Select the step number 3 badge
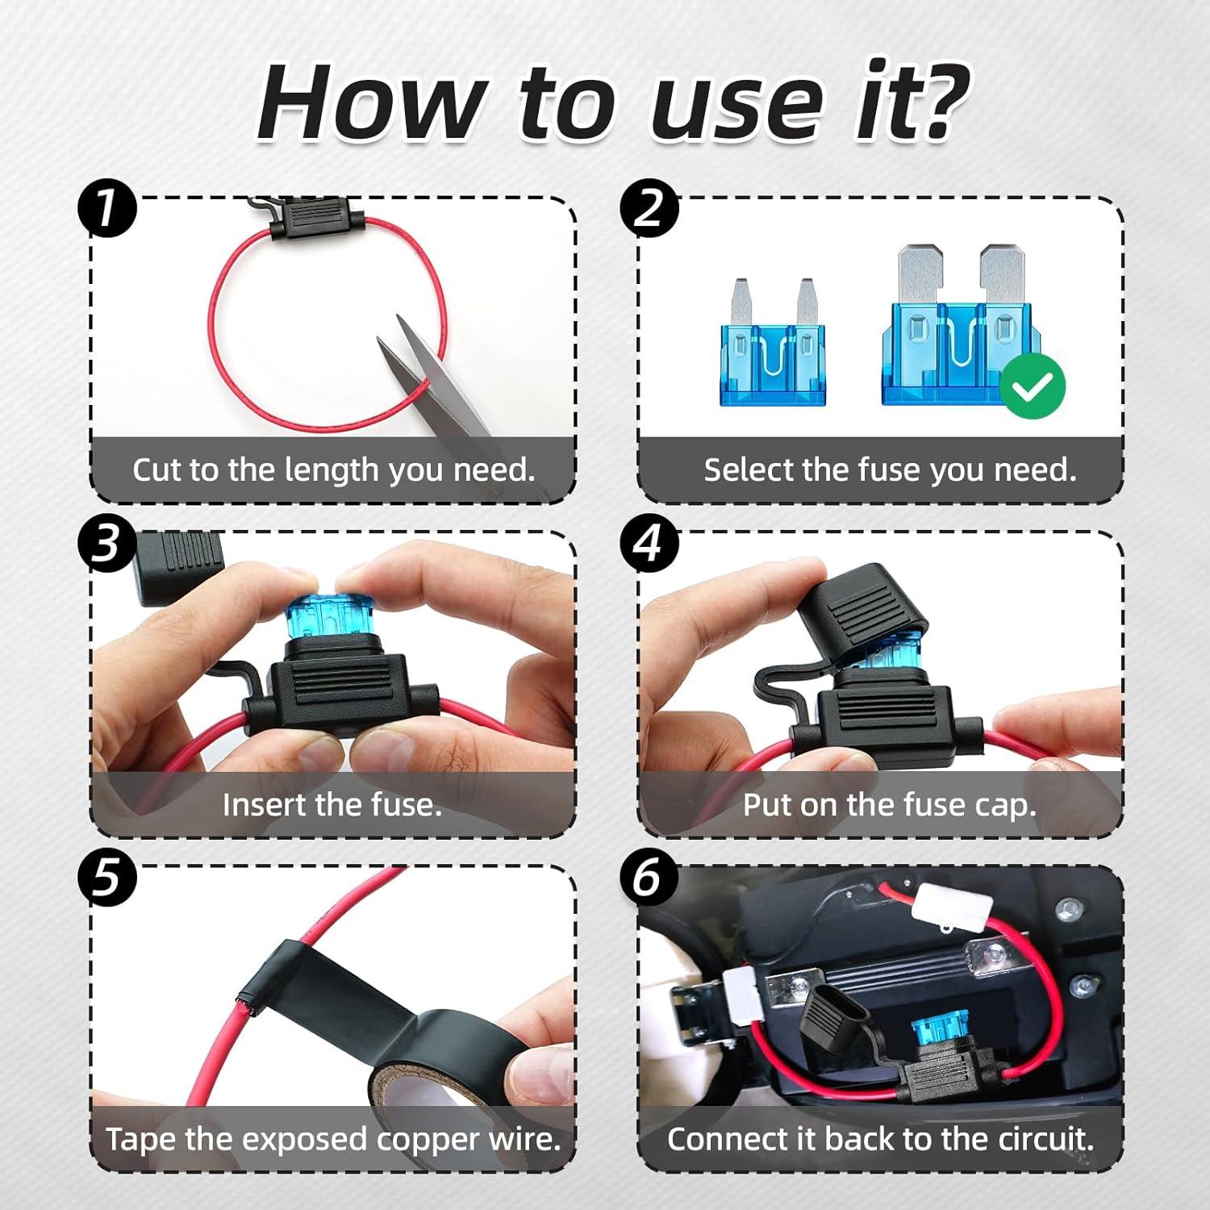pyautogui.click(x=107, y=544)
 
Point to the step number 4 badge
pyautogui.click(x=650, y=544)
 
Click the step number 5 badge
pyautogui.click(x=107, y=878)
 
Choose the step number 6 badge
pyautogui.click(x=650, y=878)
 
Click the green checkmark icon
pyautogui.click(x=1033, y=387)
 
